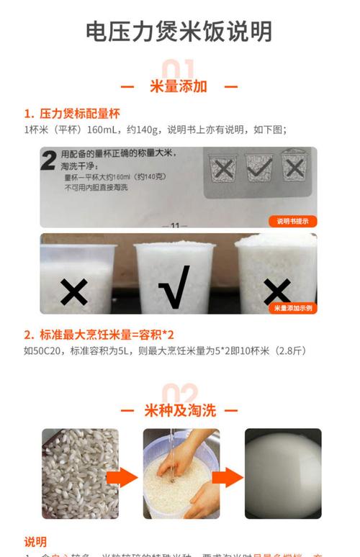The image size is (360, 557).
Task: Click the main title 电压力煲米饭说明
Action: [179, 32]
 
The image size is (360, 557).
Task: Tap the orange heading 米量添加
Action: [179, 86]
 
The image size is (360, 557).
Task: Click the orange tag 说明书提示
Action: [292, 221]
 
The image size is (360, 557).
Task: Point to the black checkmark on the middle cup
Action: [174, 286]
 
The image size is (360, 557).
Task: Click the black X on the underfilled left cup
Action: [73, 291]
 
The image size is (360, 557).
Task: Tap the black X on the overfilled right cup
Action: [276, 291]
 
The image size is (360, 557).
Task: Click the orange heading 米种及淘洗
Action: [179, 410]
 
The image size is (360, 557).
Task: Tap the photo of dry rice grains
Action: [80, 473]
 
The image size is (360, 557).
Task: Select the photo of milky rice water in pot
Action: [282, 473]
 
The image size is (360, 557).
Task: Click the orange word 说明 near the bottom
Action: [35, 541]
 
